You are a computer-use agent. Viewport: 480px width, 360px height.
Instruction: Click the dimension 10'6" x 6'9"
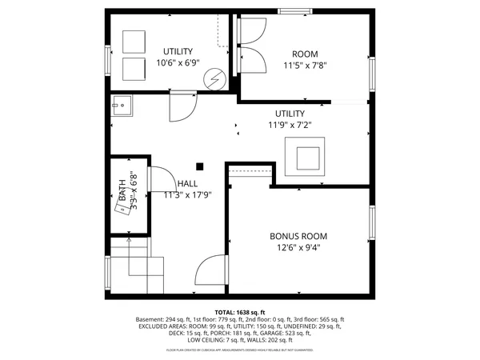coord(178,63)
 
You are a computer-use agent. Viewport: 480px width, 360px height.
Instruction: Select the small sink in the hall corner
coord(121,102)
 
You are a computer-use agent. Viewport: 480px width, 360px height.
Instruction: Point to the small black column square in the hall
coord(200,166)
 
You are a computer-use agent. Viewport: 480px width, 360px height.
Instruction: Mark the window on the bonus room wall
coord(371,223)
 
